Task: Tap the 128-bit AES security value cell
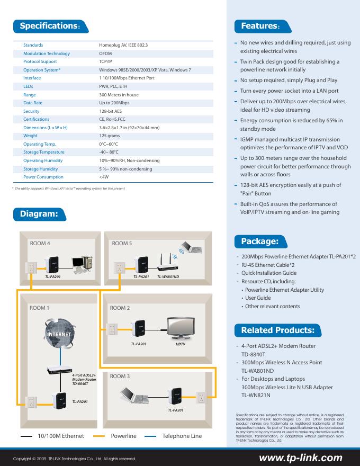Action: [111, 111]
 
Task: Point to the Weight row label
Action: [31, 136]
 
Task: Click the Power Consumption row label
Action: [43, 177]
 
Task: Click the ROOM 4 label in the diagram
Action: [40, 243]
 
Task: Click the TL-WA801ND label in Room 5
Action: [168, 276]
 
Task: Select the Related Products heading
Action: [277, 330]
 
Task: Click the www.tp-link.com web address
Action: [300, 458]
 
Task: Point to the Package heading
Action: [259, 242]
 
